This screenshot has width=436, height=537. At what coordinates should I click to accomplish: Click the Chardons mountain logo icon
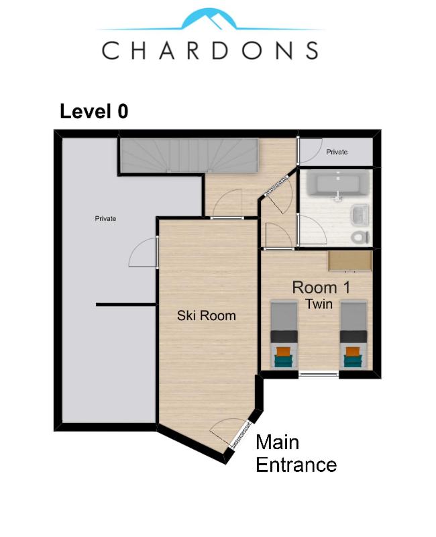pos(209,19)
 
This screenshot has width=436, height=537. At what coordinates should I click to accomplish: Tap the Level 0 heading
pos(94,111)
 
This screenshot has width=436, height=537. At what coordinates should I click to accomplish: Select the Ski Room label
pos(207,315)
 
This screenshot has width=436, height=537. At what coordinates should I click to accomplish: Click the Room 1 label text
pos(321,288)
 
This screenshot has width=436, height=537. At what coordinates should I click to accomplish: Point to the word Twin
pos(319,304)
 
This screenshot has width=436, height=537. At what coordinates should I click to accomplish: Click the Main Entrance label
pos(296,454)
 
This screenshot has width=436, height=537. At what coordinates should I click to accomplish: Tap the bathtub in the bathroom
pos(337,184)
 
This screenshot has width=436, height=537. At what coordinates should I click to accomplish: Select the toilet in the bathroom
pos(361,237)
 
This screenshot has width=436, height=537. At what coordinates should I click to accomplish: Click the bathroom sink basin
pos(360,215)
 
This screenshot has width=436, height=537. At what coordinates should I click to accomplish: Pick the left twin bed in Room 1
pos(284,334)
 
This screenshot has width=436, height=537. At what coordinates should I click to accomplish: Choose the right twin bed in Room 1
pos(353,334)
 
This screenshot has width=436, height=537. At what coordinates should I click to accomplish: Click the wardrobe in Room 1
pos(350,260)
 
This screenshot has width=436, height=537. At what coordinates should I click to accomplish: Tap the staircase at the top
pos(189,156)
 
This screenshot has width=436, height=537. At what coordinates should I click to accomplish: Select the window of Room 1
pos(319,375)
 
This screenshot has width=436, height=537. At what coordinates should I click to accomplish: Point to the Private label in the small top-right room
pos(337,152)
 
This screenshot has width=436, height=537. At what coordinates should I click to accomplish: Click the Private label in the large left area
pos(105,219)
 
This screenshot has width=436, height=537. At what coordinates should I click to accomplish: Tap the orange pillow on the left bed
pos(284,352)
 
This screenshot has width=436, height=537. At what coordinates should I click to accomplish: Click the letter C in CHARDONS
pos(110,50)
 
